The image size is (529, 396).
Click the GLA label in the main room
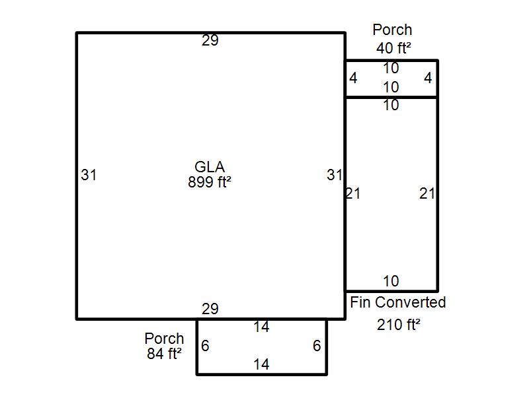click(210, 167)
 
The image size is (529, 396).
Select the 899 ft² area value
click(210, 182)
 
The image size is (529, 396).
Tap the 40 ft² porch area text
click(393, 48)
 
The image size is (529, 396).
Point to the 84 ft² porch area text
click(164, 354)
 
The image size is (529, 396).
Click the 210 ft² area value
click(399, 325)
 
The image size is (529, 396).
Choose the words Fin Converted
click(398, 302)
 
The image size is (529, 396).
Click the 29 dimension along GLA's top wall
click(210, 40)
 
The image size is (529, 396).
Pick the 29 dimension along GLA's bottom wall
click(210, 309)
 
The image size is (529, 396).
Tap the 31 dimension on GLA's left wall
click(89, 175)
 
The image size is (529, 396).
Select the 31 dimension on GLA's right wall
click(335, 175)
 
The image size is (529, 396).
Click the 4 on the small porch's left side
click(353, 78)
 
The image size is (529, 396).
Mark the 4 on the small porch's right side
click(428, 78)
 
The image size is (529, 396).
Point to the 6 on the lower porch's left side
click(205, 345)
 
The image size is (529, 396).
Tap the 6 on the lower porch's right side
click(317, 345)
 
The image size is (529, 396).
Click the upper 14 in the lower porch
click(261, 327)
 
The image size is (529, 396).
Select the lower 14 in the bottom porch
click(261, 364)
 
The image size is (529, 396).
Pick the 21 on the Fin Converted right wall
click(427, 193)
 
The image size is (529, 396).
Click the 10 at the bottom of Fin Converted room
click(391, 281)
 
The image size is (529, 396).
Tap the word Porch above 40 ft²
click(392, 30)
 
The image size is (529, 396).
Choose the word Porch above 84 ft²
click(164, 339)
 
